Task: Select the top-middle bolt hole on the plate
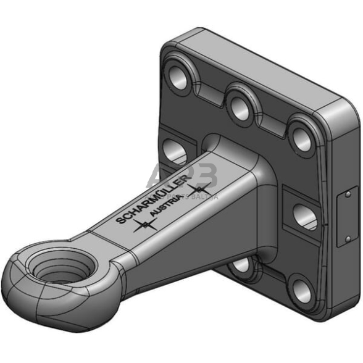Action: [239, 104]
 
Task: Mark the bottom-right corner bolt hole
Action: [301, 290]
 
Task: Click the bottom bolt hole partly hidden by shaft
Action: [242, 265]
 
